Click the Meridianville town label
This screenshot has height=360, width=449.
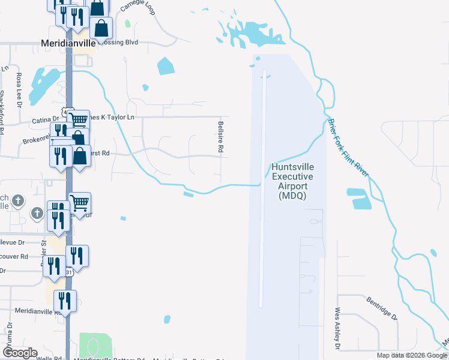[x=64, y=43]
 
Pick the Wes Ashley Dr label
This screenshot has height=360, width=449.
[x=337, y=329]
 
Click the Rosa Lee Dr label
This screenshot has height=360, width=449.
[x=19, y=88]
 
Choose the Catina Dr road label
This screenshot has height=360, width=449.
[x=44, y=121]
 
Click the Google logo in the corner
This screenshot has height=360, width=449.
[x=20, y=352]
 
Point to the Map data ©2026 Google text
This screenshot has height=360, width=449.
[x=412, y=355]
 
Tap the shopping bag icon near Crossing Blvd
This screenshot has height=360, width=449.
[x=102, y=28]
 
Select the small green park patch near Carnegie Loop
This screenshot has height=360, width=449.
[x=127, y=24]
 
